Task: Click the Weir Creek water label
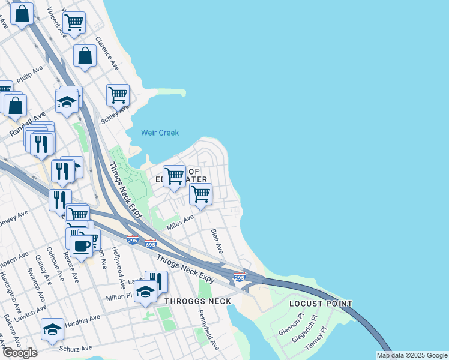click(160, 133)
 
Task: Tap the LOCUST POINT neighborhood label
click(321, 304)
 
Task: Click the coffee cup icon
click(81, 245)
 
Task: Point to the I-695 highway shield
click(150, 244)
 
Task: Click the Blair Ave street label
click(217, 241)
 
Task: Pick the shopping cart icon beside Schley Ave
click(118, 94)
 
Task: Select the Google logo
click(19, 353)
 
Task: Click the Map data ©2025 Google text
click(412, 355)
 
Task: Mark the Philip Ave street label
click(29, 76)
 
